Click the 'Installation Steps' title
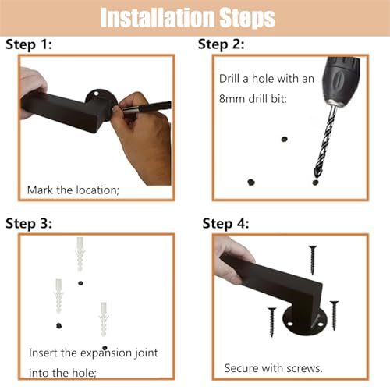(188, 18)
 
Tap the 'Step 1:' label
(29, 44)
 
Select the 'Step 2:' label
(222, 44)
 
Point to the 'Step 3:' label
(29, 224)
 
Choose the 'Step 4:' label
(225, 224)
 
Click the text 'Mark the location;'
(73, 190)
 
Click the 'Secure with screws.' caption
(273, 368)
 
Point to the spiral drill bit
(325, 140)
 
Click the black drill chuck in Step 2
(341, 80)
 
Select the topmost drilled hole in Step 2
(284, 139)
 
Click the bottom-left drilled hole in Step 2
(251, 183)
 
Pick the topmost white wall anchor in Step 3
(80, 254)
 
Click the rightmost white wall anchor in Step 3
(104, 319)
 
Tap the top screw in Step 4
(313, 260)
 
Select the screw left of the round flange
(272, 322)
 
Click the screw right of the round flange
(334, 315)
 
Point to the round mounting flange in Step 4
(305, 323)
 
